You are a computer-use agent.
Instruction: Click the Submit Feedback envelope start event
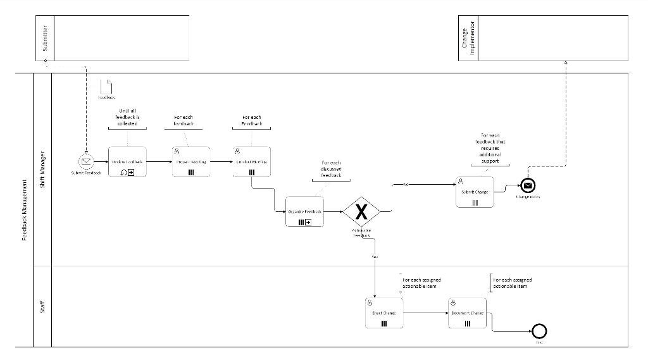click(x=85, y=161)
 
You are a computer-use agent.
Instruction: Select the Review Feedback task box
click(x=127, y=162)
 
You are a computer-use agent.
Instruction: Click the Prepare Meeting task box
click(x=191, y=162)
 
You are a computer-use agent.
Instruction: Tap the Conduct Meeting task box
click(x=251, y=162)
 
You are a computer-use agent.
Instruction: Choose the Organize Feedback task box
click(x=304, y=211)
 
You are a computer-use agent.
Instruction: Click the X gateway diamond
click(x=361, y=211)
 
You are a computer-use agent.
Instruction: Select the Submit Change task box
click(x=475, y=192)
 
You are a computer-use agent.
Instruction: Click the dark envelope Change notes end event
click(x=529, y=185)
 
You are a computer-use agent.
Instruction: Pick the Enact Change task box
click(x=383, y=313)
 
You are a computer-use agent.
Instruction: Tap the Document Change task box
click(x=467, y=313)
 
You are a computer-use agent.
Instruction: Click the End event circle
click(x=539, y=330)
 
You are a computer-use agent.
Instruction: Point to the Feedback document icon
click(x=106, y=87)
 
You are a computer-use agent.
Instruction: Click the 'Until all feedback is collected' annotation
click(x=127, y=117)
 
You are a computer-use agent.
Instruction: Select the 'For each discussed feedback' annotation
click(x=331, y=169)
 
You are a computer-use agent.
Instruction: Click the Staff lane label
click(x=42, y=307)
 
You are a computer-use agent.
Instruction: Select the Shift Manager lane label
click(x=42, y=168)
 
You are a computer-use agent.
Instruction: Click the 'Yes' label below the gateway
click(x=375, y=258)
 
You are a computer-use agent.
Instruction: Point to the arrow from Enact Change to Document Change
click(x=425, y=313)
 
